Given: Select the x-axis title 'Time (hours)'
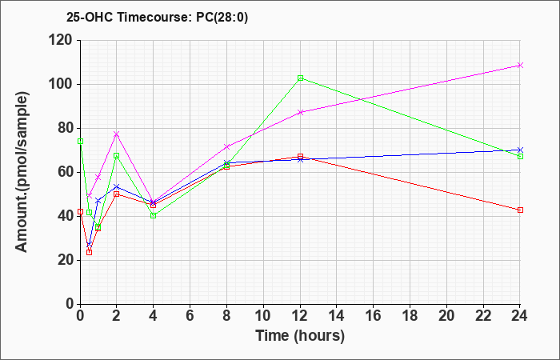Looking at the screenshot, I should click(x=300, y=335).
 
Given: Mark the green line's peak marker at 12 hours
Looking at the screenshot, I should click(x=300, y=78).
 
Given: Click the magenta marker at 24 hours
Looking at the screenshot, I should click(x=520, y=66).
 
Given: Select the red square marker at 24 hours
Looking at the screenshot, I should click(x=520, y=210).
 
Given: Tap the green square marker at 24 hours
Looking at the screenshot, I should click(x=520, y=157).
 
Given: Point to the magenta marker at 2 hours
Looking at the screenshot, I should click(x=117, y=134).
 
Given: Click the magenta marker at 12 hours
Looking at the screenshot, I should click(x=300, y=112).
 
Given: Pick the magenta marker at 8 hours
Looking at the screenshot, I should click(x=226, y=146).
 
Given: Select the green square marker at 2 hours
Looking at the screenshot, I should click(x=117, y=156).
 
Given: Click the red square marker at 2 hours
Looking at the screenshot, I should click(x=117, y=194).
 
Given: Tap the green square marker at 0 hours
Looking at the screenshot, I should click(x=80, y=141).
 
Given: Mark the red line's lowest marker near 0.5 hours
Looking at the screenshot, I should click(x=89, y=252).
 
